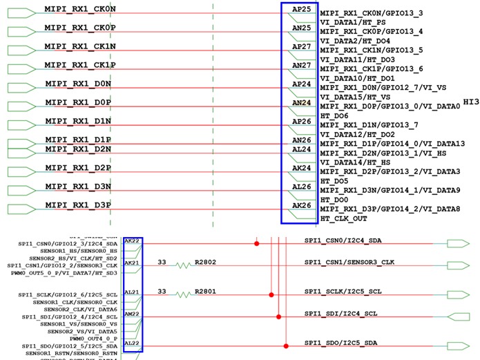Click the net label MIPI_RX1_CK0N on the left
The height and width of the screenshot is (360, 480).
pyautogui.click(x=80, y=9)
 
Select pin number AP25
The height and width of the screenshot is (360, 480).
pyautogui.click(x=301, y=9)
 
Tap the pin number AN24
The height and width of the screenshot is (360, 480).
pyautogui.click(x=301, y=102)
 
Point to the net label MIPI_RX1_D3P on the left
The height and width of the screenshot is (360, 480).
pyautogui.click(x=78, y=205)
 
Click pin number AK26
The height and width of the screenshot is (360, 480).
pyautogui.click(x=301, y=205)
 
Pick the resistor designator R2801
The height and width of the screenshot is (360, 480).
pyautogui.click(x=207, y=292)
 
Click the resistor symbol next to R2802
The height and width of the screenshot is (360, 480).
pyautogui.click(x=183, y=265)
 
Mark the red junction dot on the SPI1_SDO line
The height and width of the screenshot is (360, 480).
pyautogui.click(x=285, y=345)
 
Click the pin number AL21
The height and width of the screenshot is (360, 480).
pyautogui.click(x=132, y=292)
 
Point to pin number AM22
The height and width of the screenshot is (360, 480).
pyautogui.click(x=132, y=314)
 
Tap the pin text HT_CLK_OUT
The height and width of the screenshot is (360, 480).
pyautogui.click(x=343, y=218)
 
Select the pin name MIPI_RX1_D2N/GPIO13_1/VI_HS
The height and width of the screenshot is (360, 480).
pyautogui.click(x=383, y=153)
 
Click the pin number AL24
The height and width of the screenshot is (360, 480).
pyautogui.click(x=301, y=149)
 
